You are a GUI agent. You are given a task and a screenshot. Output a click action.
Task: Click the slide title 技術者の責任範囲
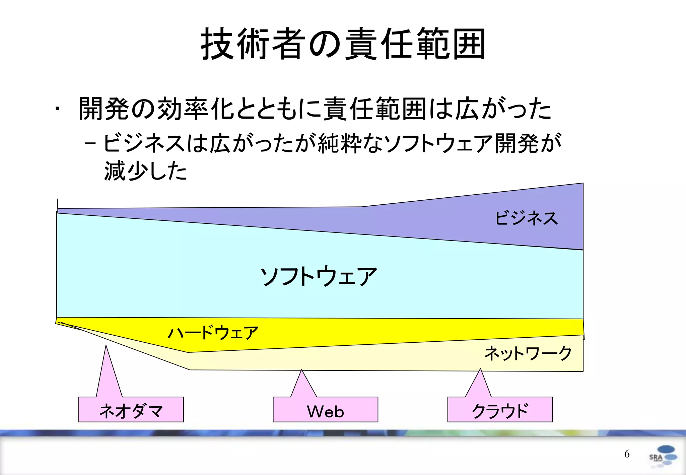coord(343,44)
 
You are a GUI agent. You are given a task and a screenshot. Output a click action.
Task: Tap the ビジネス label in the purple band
coord(526,218)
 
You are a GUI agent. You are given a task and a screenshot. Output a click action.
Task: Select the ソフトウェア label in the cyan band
coord(319,277)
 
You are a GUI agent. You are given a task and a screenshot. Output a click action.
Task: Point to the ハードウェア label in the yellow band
coord(213,333)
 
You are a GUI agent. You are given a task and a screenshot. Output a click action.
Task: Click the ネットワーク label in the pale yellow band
coord(528,354)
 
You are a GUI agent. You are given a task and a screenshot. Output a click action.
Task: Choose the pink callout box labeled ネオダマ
coord(131,410)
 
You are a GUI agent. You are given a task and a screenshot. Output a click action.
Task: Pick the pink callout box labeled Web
coord(325,410)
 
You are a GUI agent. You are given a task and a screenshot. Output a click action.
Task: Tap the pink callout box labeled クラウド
coord(500,410)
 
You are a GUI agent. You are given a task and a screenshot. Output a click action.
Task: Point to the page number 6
coord(627,454)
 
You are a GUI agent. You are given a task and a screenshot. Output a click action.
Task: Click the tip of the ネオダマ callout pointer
coord(106,346)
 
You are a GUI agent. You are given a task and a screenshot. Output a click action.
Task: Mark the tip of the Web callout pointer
coord(301,370)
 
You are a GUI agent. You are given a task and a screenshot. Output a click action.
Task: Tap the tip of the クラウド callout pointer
coord(480,369)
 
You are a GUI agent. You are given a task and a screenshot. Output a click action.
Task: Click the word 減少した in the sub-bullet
coord(145,171)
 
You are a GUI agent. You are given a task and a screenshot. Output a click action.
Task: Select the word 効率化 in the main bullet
coord(196,109)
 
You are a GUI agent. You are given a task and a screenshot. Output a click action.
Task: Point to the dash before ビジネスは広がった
coord(90,144)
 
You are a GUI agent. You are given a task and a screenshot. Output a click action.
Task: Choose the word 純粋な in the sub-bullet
coord(350,143)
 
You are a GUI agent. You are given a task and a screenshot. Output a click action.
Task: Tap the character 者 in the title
coord(287,44)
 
